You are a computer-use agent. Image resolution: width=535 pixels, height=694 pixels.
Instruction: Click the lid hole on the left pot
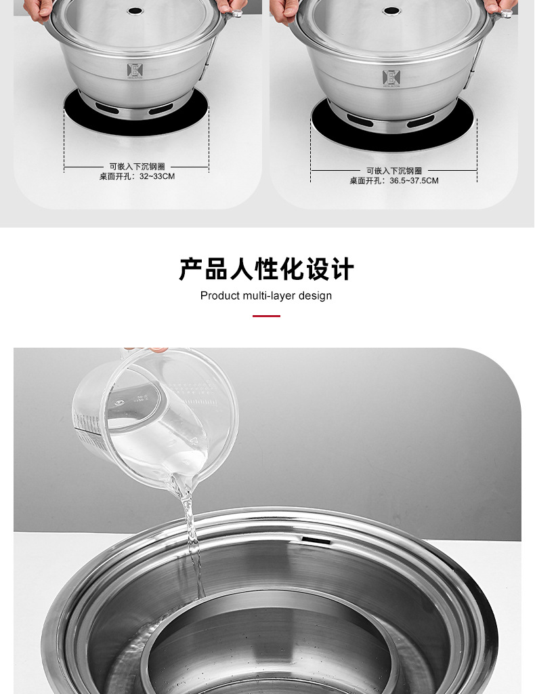click(135, 12)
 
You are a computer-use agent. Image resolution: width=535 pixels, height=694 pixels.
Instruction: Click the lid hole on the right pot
click(391, 11)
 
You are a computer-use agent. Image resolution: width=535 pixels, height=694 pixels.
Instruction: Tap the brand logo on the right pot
click(391, 77)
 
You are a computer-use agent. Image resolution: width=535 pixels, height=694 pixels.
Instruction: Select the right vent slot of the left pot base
click(161, 108)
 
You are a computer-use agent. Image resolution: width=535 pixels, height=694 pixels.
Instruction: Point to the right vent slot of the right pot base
click(420, 121)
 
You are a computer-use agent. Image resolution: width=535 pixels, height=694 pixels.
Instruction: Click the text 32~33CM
click(157, 176)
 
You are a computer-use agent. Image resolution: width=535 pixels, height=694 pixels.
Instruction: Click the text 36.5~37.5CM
click(414, 181)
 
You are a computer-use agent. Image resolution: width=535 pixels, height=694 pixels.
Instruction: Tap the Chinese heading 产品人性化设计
click(266, 269)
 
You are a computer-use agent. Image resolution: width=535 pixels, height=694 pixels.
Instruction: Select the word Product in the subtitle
click(220, 295)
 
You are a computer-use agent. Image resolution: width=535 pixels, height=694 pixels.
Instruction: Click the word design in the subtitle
click(314, 295)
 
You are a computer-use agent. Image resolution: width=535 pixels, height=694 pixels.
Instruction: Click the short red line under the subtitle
click(266, 316)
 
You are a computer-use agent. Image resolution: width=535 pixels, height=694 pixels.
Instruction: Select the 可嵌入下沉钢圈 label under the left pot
click(137, 166)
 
